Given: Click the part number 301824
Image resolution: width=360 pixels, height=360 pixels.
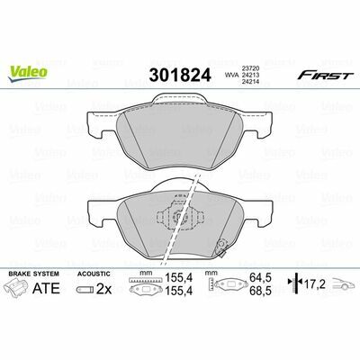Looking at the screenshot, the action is coord(180,75).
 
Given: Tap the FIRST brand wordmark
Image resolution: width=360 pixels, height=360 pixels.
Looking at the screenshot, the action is coord(324,76).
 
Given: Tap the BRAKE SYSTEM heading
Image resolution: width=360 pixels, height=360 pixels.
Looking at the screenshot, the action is coord(34,274).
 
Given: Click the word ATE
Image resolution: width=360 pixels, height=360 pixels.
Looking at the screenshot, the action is coord(46,289).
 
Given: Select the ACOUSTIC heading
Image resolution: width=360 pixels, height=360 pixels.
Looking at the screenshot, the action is coord(94,274).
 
